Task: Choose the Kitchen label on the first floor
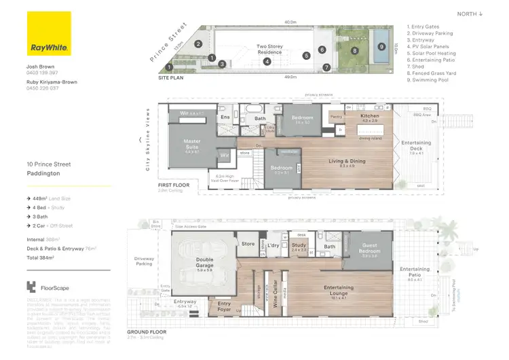click(371, 117)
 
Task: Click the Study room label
click(299, 247)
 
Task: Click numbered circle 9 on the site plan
click(381, 47)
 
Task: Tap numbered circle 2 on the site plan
click(198, 44)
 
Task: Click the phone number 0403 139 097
click(42, 72)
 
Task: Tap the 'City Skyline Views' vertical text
click(147, 140)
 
